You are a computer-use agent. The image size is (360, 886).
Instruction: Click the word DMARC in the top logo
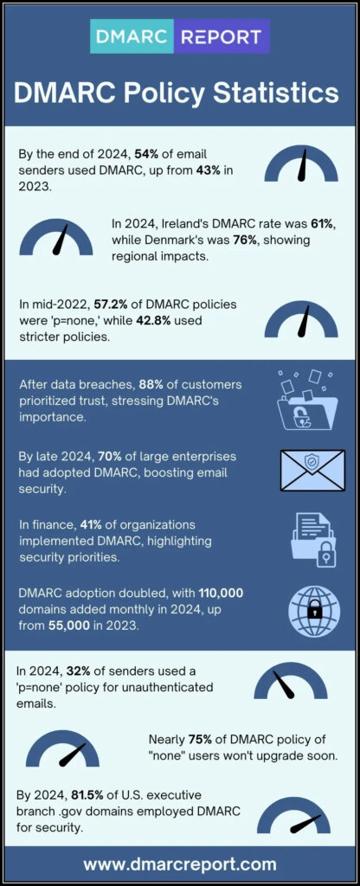tap(132, 36)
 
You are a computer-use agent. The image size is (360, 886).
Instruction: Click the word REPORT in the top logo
tap(221, 36)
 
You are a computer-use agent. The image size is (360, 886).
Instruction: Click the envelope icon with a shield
tap(312, 470)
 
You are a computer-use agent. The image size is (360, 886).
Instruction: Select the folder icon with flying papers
tap(307, 401)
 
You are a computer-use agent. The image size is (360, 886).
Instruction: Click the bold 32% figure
tap(78, 671)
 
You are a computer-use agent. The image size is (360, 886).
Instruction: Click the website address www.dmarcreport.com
tap(180, 864)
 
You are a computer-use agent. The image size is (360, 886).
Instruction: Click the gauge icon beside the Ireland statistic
tap(56, 237)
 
